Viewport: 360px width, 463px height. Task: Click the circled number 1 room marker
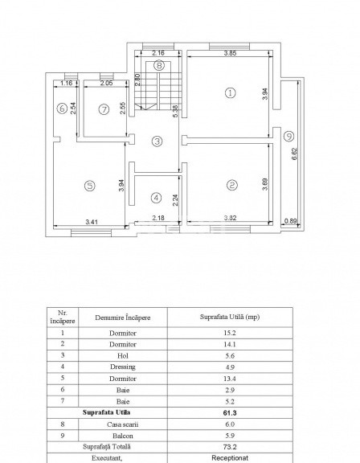[x=230, y=93]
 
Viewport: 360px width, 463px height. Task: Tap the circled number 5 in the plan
[x=90, y=186]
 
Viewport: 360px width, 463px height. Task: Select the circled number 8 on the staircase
[x=159, y=65]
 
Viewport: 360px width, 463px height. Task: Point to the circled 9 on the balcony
[x=289, y=137]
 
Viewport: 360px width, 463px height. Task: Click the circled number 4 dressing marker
[x=156, y=198]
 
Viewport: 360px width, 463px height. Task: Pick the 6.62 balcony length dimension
[x=294, y=154]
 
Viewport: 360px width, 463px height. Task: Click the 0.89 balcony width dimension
[x=290, y=220]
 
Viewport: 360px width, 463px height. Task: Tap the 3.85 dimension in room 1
[x=230, y=53]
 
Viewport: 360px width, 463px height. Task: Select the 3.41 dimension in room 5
[x=92, y=222]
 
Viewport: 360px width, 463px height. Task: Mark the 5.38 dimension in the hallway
[x=175, y=111]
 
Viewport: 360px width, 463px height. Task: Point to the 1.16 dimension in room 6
[x=66, y=84]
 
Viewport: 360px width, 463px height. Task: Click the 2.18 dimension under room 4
[x=158, y=218]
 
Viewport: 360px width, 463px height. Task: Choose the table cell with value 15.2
[x=230, y=333]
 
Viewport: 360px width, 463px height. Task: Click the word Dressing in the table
[x=123, y=367]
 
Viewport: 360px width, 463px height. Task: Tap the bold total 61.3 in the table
[x=230, y=413]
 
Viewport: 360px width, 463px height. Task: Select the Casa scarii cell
[x=123, y=424]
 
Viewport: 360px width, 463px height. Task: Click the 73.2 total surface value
[x=230, y=447]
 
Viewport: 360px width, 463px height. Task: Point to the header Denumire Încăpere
[x=123, y=318]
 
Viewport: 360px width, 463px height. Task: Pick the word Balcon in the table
[x=123, y=436]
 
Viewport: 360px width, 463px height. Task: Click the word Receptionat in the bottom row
[x=230, y=458]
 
